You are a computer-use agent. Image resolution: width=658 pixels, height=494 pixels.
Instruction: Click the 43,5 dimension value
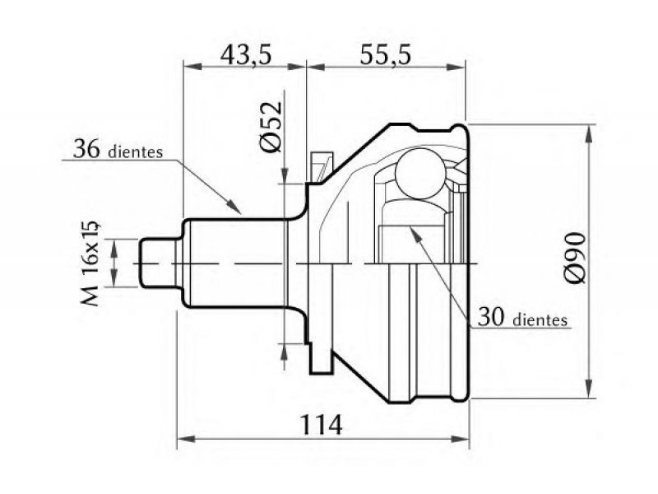click(247, 55)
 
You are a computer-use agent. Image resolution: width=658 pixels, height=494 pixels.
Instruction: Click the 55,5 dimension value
click(385, 55)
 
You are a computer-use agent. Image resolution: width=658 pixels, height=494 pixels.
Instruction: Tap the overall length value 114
click(322, 425)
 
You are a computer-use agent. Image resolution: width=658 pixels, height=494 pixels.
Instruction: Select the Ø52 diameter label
click(271, 127)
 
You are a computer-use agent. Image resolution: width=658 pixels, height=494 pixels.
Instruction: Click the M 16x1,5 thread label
click(90, 263)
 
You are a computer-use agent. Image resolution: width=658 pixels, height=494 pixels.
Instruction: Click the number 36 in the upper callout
click(86, 148)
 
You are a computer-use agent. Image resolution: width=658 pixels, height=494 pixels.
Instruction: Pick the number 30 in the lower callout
click(491, 317)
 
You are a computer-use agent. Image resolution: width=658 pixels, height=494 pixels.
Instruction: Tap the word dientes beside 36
click(136, 151)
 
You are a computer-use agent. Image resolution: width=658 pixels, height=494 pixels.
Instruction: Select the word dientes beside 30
click(540, 319)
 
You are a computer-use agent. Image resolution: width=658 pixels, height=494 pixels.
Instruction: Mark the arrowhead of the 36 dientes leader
click(234, 207)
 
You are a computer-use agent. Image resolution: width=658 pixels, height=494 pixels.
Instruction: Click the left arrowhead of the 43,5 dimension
click(193, 67)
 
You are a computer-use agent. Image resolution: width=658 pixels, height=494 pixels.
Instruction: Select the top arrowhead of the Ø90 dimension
click(590, 134)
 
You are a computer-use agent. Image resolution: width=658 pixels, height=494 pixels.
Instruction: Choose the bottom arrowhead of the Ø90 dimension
click(590, 387)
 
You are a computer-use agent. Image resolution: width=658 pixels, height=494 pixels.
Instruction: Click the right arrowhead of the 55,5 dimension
click(456, 67)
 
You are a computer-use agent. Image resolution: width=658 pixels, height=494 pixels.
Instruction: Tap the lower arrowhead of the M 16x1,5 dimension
click(114, 277)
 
